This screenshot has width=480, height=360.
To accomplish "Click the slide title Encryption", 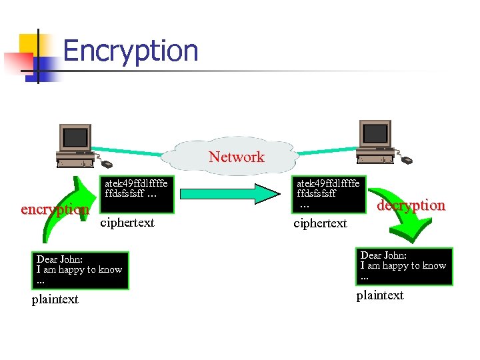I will pos(131,51).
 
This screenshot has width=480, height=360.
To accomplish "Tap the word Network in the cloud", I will pos(236,157).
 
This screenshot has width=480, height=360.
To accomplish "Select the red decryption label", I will pos(411,205).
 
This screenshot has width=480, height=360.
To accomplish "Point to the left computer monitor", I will pos(75,138).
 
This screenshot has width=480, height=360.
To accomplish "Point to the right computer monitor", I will pos(375,134).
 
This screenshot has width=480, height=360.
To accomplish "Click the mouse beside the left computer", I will pos(107,163).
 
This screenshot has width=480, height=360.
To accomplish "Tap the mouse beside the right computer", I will pos(406,160).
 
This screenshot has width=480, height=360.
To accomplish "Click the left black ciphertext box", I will pos(136,194).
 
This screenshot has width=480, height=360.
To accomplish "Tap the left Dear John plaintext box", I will pos(81,269).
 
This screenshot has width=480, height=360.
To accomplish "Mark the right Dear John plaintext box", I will pos(405,266).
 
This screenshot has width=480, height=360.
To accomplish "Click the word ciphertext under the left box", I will pos(127,223).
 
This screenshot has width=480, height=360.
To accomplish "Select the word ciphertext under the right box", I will pos(320,223).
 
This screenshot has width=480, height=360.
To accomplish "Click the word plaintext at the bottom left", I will pos(55,299).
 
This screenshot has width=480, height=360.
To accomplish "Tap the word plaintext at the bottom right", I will pos(380,295).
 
